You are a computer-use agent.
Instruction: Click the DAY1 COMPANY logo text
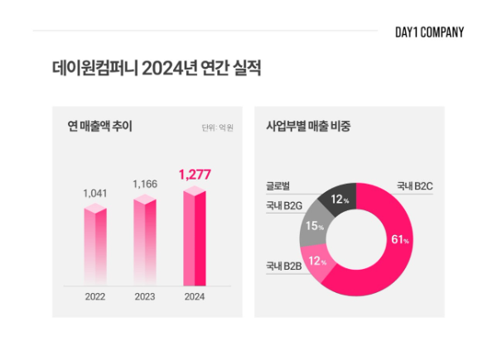point(430,32)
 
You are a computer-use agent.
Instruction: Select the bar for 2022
point(95,246)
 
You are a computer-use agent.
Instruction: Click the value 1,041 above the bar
point(95,193)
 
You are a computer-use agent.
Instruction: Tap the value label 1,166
point(145,182)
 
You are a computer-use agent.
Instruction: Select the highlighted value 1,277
point(195,174)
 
